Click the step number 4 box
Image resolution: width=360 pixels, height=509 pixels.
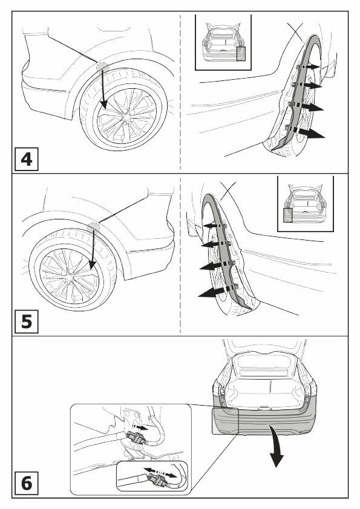point(26,159)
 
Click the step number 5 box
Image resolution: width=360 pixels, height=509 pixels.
point(26,322)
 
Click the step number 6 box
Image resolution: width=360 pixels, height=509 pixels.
point(26,483)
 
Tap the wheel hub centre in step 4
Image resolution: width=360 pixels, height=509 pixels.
point(126,116)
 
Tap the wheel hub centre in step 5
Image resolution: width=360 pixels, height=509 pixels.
point(69,278)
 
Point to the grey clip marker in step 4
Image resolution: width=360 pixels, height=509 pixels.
point(102,67)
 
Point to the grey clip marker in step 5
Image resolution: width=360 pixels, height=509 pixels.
point(93,227)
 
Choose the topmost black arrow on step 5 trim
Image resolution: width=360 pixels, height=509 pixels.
point(214,226)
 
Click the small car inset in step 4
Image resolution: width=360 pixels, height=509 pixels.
point(223,42)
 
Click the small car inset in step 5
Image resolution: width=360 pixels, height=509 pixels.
point(306,204)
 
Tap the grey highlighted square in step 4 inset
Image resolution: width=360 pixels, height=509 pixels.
point(241,54)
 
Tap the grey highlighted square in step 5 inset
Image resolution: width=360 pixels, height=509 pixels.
point(288,215)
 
